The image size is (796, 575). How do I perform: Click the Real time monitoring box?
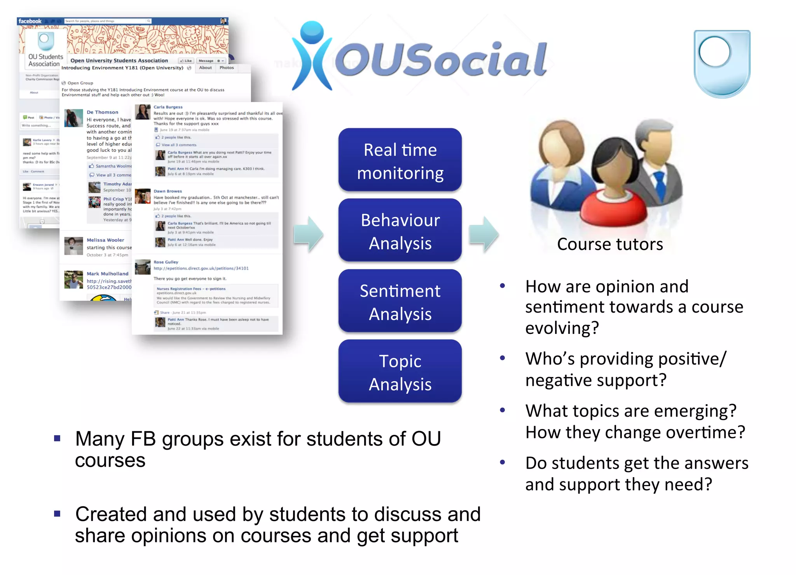pyautogui.click(x=400, y=160)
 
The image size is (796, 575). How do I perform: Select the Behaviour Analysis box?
pyautogui.click(x=400, y=231)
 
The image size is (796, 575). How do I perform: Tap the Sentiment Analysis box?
pyautogui.click(x=400, y=301)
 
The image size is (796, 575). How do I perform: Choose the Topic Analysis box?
pyautogui.click(x=400, y=372)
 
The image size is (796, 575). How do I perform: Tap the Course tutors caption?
pyautogui.click(x=609, y=244)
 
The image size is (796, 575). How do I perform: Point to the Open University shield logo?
pyautogui.click(x=722, y=63)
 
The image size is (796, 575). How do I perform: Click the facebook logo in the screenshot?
pyautogui.click(x=30, y=21)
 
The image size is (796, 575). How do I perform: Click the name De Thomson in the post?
pyautogui.click(x=102, y=112)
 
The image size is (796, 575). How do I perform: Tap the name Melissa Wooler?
pyautogui.click(x=105, y=240)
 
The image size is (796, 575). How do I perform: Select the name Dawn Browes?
pyautogui.click(x=168, y=191)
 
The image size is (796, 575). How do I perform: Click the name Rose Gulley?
pyautogui.click(x=166, y=262)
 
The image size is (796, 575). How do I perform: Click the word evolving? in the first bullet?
pyautogui.click(x=562, y=328)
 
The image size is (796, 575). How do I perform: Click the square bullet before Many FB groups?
pyautogui.click(x=57, y=438)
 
